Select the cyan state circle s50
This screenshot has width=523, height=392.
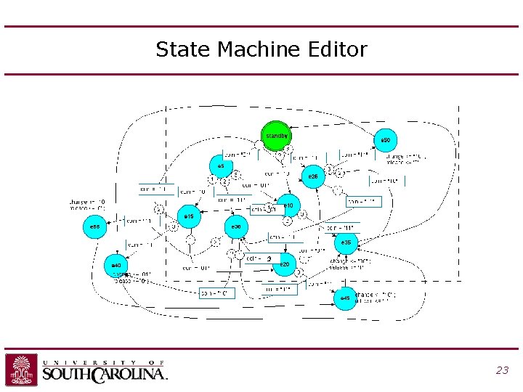click(386, 140)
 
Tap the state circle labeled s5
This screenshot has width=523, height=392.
click(221, 167)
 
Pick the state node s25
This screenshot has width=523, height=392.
click(313, 176)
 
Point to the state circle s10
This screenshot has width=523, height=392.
click(288, 206)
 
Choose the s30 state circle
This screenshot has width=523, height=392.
click(236, 227)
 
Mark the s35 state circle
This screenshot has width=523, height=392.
click(346, 242)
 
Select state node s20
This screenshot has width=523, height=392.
click(285, 265)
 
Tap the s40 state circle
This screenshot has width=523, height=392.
click(116, 266)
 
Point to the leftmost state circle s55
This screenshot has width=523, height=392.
click(94, 227)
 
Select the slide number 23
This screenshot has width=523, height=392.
click(501, 370)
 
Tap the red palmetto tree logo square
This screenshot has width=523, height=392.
click(22, 369)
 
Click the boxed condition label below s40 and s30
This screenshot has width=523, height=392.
click(217, 293)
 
